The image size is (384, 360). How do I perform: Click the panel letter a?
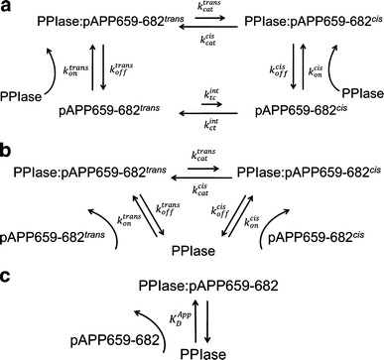pyautogui.click(x=7, y=8)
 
